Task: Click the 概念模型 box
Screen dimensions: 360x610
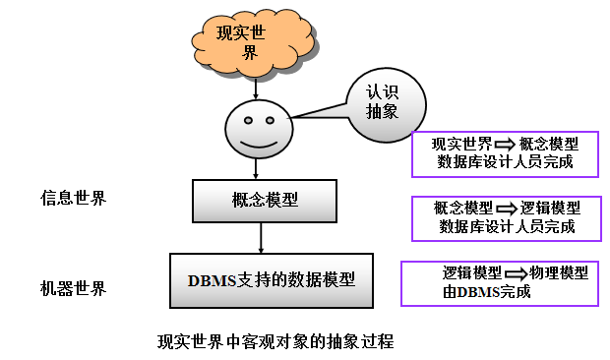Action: [260, 202]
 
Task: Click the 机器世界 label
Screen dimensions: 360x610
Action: [73, 289]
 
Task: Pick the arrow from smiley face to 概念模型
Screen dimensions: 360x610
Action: [260, 167]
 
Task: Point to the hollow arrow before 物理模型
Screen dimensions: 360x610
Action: [516, 272]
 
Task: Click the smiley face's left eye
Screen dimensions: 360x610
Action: [243, 119]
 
